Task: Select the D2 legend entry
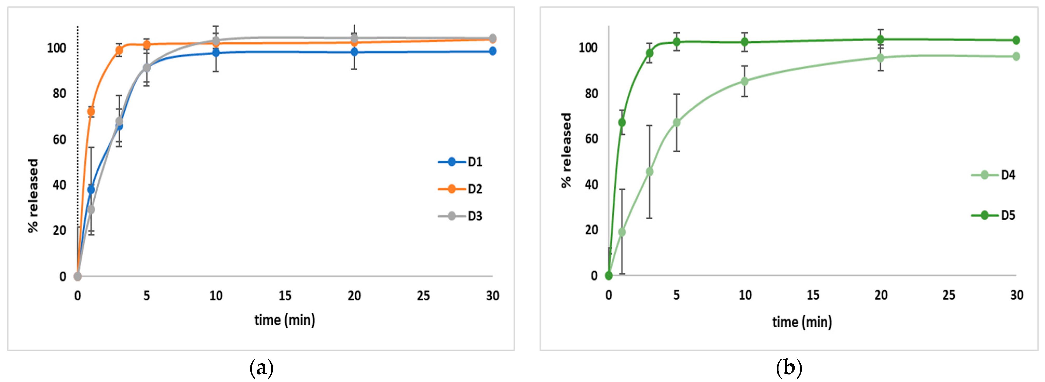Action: coord(460,189)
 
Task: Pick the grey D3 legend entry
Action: coord(460,216)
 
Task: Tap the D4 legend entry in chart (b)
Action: coord(993,175)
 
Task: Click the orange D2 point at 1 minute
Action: coord(91,112)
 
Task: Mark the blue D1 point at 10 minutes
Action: coord(216,53)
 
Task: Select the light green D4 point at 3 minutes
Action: coord(650,172)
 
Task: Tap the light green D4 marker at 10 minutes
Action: coord(745,81)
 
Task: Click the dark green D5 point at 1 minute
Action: coord(622,122)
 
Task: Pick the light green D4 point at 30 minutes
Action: coord(1016,56)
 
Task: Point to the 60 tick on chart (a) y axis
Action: coord(59,140)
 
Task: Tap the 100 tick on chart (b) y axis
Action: coord(588,48)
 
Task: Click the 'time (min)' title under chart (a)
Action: coord(285,320)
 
